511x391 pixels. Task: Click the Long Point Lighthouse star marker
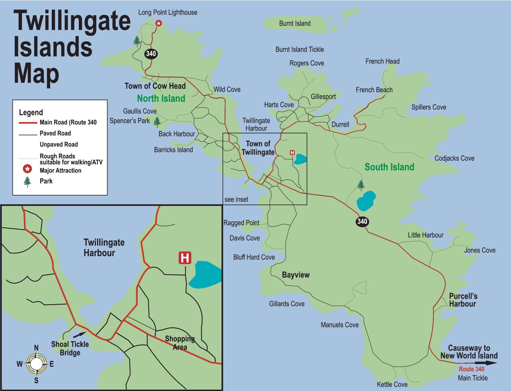(x=159, y=23)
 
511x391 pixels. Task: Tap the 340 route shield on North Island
(x=151, y=53)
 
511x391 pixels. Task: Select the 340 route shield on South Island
(x=362, y=222)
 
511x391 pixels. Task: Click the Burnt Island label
(x=295, y=23)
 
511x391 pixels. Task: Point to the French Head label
(x=382, y=61)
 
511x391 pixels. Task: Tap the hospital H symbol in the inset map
(x=185, y=258)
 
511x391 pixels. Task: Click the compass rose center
(x=36, y=364)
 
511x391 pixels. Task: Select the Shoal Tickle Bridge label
(x=70, y=348)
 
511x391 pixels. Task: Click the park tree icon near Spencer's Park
(x=157, y=121)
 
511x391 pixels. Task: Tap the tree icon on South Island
(x=361, y=185)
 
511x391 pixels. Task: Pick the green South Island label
(x=389, y=167)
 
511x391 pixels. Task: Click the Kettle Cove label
(x=392, y=385)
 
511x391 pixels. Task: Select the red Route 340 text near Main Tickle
(x=471, y=369)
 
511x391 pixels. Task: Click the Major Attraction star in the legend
(x=27, y=168)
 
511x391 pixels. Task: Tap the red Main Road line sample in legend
(x=28, y=122)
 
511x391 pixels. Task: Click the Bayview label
(x=296, y=275)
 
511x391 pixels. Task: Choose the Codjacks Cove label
(x=454, y=158)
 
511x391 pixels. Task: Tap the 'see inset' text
(x=236, y=200)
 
